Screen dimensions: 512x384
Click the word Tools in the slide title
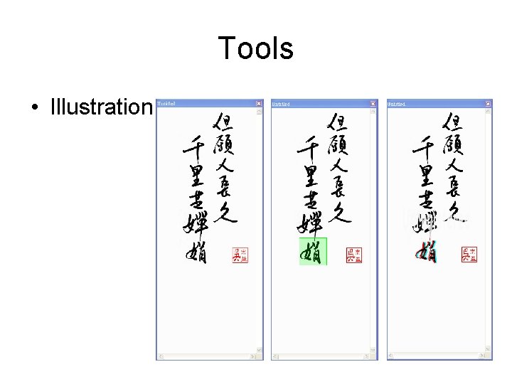click(255, 48)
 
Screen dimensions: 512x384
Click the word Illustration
click(101, 107)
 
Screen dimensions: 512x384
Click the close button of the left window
click(258, 103)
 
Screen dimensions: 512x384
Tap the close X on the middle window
click(373, 103)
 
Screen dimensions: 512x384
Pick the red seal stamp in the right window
click(469, 254)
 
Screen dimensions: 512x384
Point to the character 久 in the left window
click(225, 211)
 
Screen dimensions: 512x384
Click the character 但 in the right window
click(454, 122)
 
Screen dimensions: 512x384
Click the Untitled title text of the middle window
click(280, 103)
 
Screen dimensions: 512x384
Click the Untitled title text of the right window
click(396, 103)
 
